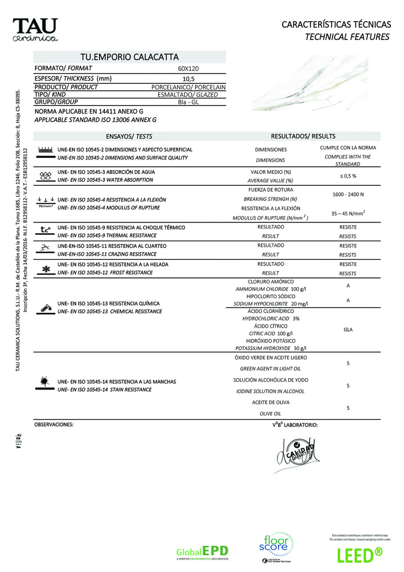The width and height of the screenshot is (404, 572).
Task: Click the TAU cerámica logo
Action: [x=35, y=30]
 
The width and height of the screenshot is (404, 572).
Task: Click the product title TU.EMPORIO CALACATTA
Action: [x=130, y=58]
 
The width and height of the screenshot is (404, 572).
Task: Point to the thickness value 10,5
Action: [x=188, y=78]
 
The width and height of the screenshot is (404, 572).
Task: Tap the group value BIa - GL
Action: [x=188, y=102]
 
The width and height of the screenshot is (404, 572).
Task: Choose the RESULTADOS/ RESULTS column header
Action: [x=303, y=136]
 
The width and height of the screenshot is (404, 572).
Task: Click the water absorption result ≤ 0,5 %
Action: [x=348, y=176]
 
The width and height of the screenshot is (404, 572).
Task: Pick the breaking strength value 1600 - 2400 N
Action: [x=348, y=194]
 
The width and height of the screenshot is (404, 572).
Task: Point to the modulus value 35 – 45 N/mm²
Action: [x=348, y=213]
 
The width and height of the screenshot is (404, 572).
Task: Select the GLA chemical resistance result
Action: [x=348, y=330]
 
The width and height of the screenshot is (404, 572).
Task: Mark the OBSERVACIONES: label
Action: [x=54, y=425]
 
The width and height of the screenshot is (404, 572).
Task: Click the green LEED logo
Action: [x=359, y=554]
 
